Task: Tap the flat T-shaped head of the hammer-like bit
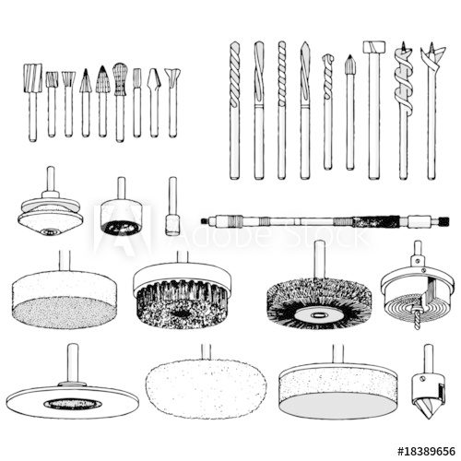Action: (373, 47)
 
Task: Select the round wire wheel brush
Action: (319, 300)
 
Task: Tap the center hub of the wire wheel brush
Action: (319, 314)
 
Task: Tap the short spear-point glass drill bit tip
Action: (350, 66)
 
